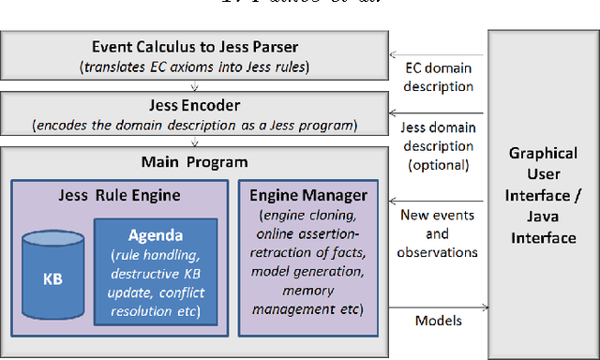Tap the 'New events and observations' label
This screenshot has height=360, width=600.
pyautogui.click(x=437, y=232)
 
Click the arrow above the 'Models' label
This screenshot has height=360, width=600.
pyautogui.click(x=436, y=305)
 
